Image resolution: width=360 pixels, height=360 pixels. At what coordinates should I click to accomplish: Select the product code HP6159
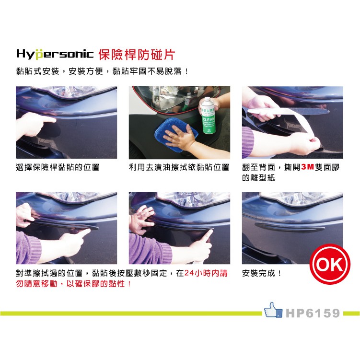313,314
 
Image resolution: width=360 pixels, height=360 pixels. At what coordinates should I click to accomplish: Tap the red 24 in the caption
189,273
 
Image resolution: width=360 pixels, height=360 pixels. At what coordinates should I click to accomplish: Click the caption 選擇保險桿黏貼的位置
58,167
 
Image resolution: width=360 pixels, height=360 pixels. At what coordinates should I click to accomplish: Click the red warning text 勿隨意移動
38,284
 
